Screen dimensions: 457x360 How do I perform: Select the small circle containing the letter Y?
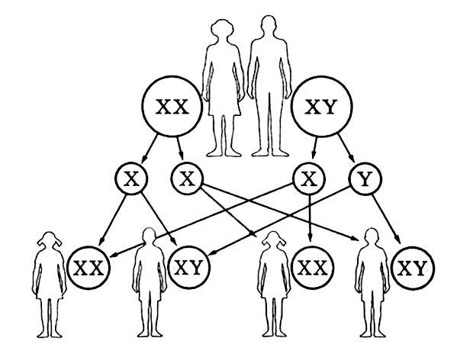[365, 178]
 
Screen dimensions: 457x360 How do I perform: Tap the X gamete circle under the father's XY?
[309, 178]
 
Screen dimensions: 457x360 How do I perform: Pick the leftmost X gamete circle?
[131, 178]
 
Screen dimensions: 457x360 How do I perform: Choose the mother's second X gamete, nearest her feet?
[187, 178]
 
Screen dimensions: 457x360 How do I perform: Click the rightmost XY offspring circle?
[413, 268]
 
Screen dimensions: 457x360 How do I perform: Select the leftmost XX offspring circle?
[89, 268]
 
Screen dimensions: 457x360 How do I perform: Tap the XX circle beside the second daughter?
[313, 268]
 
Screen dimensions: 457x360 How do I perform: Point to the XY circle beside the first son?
[189, 268]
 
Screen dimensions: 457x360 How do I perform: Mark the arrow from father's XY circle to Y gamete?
[346, 148]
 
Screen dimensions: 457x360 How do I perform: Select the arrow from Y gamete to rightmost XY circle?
[386, 219]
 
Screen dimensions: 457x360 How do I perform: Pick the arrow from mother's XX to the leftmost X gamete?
[150, 149]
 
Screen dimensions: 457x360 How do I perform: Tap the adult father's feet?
[270, 153]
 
